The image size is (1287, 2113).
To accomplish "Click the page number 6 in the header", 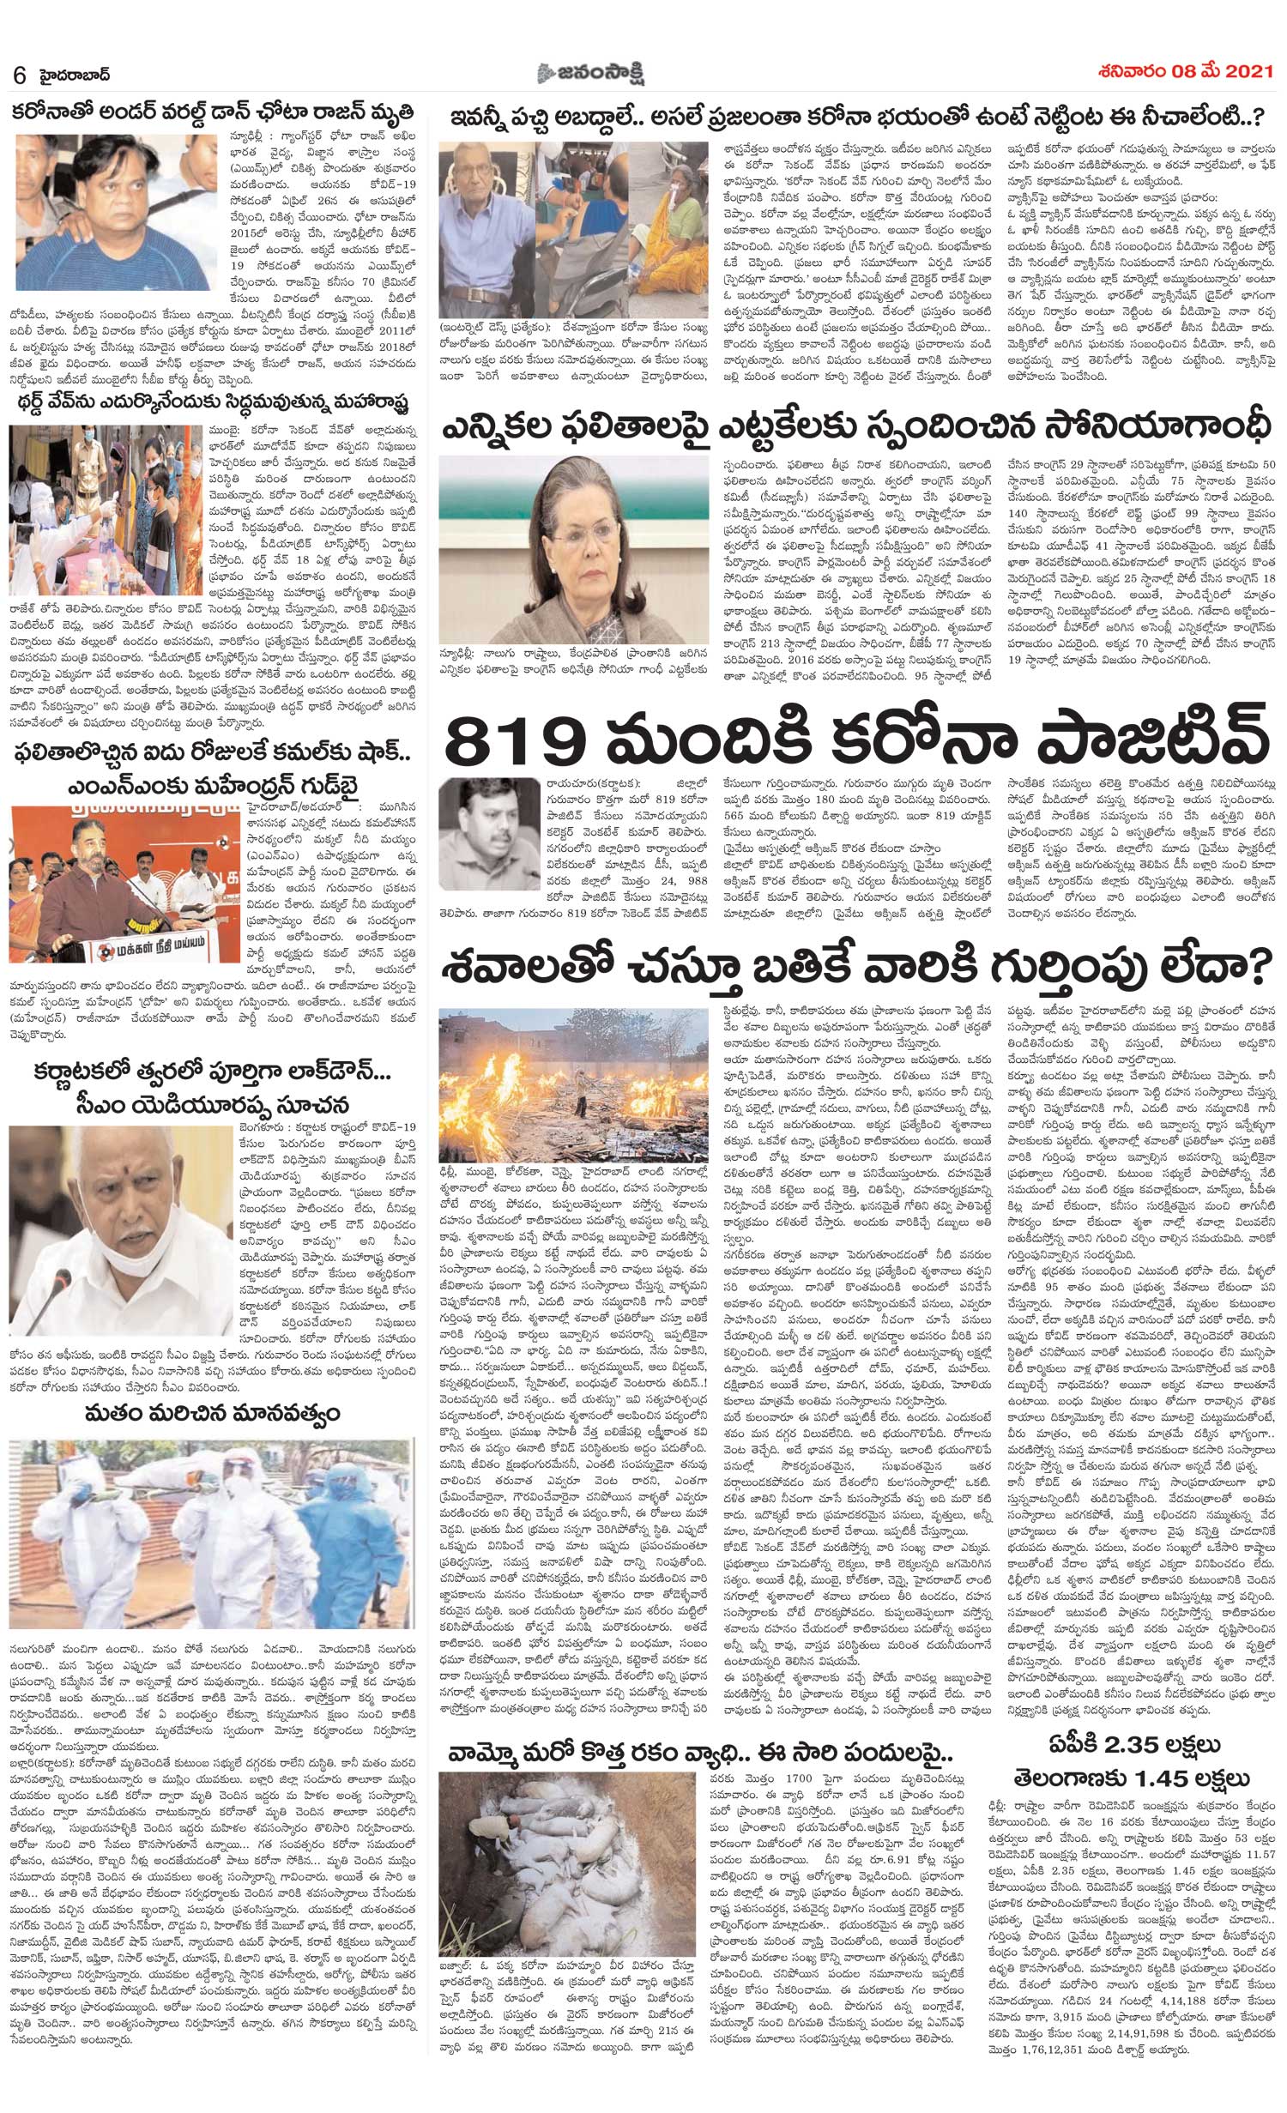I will coord(18,74).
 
